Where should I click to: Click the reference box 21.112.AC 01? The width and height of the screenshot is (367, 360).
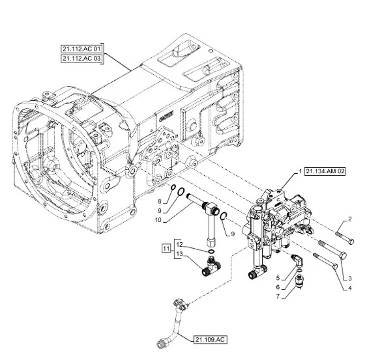point(81,49)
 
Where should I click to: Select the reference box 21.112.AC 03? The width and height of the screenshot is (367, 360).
point(81,58)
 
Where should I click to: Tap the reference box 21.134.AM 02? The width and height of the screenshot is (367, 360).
point(325,171)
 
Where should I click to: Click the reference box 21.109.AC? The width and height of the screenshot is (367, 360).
point(210,339)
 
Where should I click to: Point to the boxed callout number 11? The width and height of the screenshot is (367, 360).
point(166,248)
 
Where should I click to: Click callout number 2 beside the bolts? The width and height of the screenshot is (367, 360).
point(349,219)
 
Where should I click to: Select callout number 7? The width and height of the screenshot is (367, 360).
point(278,296)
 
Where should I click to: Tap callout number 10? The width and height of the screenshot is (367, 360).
point(158,220)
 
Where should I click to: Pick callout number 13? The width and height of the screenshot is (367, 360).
point(179,254)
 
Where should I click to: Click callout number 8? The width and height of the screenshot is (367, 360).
point(160,202)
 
